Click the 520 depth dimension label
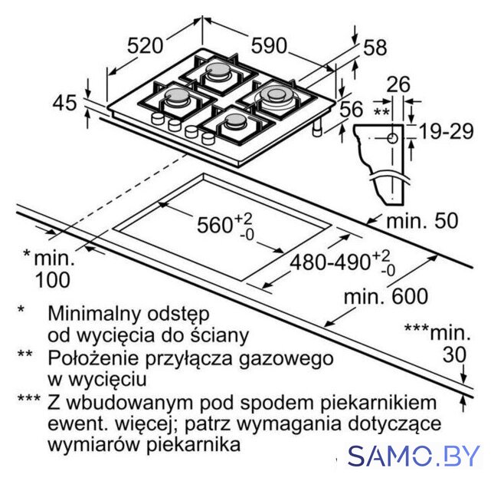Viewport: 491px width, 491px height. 145,46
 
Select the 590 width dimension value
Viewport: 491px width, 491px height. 269,46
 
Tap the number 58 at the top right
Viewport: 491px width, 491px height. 375,48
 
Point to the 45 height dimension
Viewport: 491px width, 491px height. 64,103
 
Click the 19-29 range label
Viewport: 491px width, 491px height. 447,131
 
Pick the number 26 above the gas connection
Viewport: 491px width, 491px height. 398,84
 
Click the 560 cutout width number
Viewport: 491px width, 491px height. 215,225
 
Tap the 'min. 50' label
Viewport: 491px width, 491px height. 422,221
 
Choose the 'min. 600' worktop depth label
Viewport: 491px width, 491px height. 386,296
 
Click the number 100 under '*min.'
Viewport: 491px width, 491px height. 53,280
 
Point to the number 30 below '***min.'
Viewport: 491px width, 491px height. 455,355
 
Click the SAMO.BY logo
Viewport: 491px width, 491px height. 414,455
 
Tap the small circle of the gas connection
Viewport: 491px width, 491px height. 392,138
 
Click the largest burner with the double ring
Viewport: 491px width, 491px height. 276,95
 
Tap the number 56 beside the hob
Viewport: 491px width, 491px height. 352,109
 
